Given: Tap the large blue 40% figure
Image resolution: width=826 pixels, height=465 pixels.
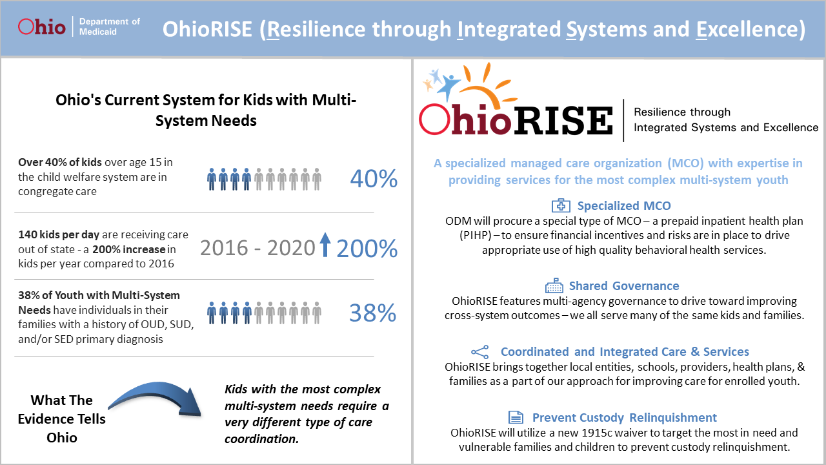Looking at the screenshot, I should click(x=374, y=179).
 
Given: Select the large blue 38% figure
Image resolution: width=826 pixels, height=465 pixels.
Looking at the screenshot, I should click(x=372, y=313).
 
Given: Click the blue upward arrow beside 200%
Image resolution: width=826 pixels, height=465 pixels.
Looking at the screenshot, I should click(x=325, y=246).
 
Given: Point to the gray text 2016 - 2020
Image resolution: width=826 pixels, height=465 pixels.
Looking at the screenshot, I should click(x=257, y=247).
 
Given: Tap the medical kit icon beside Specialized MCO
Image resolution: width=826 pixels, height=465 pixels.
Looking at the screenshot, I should click(x=561, y=206).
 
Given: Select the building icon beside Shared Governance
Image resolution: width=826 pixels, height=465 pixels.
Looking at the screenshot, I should click(x=554, y=286).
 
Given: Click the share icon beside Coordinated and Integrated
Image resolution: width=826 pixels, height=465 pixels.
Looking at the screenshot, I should click(x=480, y=352).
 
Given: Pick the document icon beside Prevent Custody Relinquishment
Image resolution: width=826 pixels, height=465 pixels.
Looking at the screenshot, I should click(x=515, y=417).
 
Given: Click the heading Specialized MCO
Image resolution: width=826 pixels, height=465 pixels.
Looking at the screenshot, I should click(x=623, y=206).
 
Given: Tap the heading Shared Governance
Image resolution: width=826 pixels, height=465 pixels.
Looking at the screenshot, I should click(x=623, y=286).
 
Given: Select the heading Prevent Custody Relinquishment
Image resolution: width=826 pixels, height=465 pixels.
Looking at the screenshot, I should click(x=624, y=417).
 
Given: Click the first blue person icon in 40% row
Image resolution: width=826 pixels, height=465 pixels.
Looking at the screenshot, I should click(x=212, y=179).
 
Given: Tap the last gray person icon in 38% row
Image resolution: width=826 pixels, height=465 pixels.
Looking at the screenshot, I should click(x=317, y=313).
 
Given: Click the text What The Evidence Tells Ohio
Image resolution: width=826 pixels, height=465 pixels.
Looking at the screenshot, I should click(x=62, y=418).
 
